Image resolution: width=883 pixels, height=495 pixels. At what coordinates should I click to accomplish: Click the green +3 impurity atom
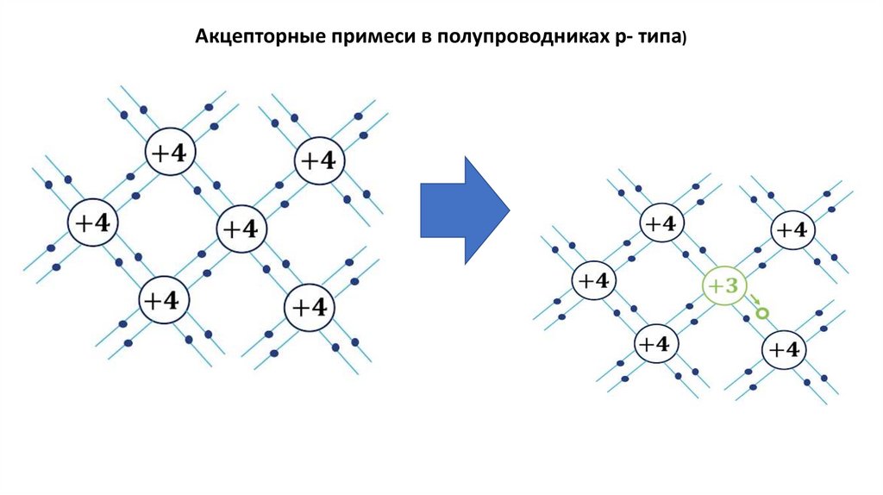[725, 287]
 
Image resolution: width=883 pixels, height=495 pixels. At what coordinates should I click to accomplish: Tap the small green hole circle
[761, 314]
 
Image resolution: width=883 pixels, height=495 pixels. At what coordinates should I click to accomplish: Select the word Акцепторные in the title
[248, 37]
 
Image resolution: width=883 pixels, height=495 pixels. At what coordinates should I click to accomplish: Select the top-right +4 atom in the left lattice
[319, 161]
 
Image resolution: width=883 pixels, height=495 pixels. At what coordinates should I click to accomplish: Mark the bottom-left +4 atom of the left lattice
[165, 301]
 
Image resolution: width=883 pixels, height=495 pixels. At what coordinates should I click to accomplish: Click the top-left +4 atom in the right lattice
[661, 224]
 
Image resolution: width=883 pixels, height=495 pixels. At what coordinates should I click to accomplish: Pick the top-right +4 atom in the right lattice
[792, 230]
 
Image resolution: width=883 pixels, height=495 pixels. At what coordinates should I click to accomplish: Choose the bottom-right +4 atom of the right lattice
[784, 350]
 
